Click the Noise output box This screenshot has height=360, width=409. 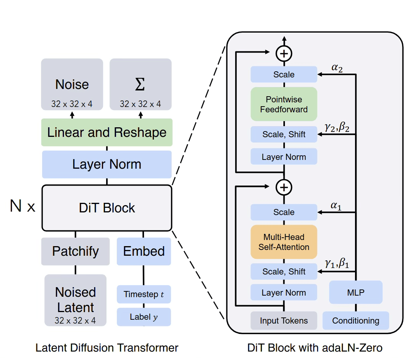[x=72, y=84]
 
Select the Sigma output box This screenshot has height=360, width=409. [x=140, y=84]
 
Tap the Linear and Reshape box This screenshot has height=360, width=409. [x=107, y=132]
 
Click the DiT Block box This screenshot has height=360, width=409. [x=107, y=208]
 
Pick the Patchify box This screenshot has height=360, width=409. [x=75, y=252]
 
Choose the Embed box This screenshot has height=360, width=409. [x=144, y=252]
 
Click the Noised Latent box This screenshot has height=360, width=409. [x=75, y=300]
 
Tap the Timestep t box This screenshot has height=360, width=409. [x=144, y=294]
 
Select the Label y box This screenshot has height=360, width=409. [x=144, y=317]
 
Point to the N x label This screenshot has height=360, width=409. [x=23, y=206]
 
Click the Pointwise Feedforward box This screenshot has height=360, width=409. [x=284, y=104]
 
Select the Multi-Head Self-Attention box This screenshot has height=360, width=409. [x=284, y=242]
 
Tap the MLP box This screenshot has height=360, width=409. [x=356, y=293]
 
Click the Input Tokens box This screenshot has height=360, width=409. [x=284, y=321]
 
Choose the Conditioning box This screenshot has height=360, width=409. [x=356, y=321]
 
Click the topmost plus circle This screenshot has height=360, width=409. [x=284, y=54]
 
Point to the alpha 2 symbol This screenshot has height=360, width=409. [x=337, y=67]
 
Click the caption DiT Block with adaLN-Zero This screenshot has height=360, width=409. [x=315, y=348]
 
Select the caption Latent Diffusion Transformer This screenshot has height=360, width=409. [x=107, y=348]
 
